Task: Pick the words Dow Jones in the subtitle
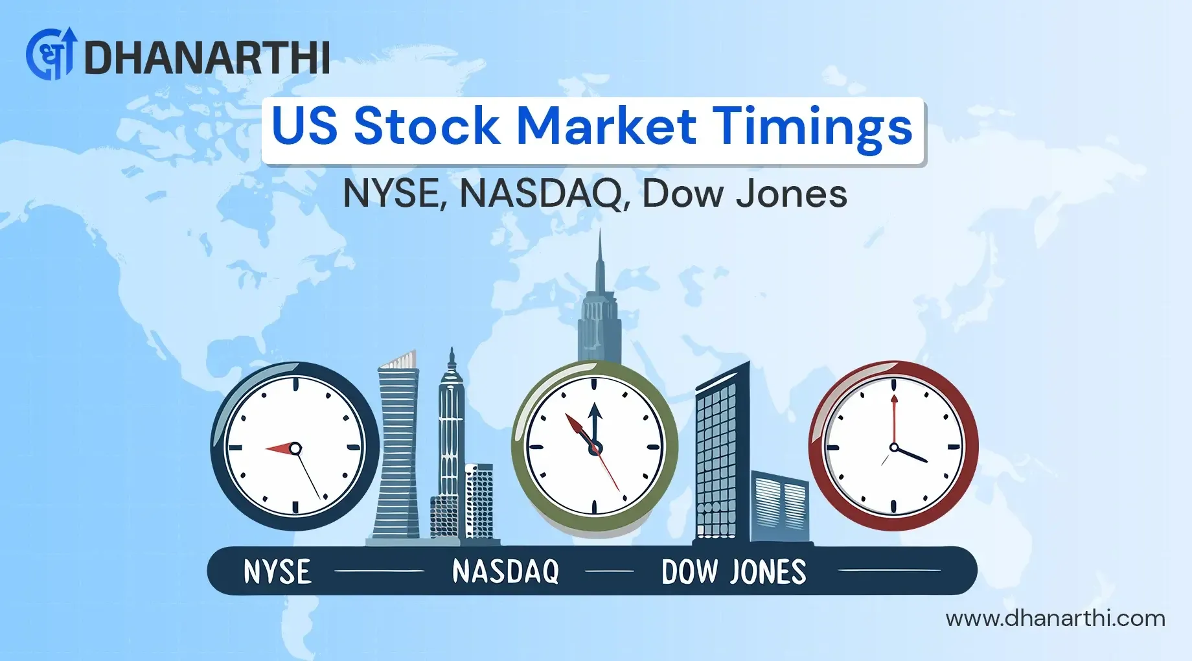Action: (745, 193)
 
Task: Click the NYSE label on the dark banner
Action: (277, 572)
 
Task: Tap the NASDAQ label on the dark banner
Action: (505, 572)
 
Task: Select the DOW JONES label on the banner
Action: (734, 572)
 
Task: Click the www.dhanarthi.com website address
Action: (1055, 618)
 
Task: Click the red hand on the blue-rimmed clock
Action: (280, 448)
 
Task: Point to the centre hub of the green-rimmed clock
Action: (595, 447)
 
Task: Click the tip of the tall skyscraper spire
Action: (600, 229)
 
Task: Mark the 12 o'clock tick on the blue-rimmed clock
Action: (295, 384)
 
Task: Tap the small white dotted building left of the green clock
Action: (479, 501)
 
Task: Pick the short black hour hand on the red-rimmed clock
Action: (911, 454)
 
